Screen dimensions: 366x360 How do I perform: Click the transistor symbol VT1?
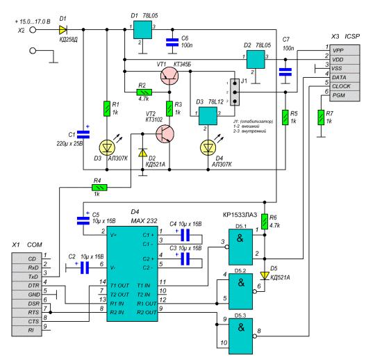169,76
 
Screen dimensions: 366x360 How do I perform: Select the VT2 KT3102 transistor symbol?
165,134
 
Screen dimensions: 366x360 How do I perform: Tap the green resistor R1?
107,108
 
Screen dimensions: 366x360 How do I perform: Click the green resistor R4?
99,188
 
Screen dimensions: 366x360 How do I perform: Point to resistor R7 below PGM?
321,117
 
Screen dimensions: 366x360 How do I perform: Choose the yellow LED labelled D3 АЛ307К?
107,147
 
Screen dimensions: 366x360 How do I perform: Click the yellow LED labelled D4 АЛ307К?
208,147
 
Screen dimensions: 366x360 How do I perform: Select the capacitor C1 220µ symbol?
83,135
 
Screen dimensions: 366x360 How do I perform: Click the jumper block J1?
235,92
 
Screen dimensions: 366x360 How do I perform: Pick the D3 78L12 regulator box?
208,116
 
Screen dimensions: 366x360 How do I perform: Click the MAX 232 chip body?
132,274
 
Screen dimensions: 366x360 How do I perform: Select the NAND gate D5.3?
241,336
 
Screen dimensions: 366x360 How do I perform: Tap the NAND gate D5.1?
241,247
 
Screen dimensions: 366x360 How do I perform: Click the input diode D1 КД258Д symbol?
63,30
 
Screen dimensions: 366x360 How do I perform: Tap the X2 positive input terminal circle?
33,30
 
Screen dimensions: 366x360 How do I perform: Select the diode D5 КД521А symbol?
265,276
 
